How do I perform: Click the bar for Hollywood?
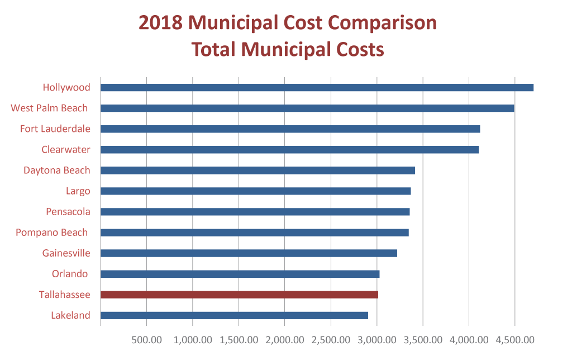[317, 88]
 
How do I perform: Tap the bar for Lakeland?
[234, 315]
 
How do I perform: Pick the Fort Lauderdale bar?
[290, 129]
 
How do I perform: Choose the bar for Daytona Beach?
[258, 170]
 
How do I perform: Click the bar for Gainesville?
[249, 253]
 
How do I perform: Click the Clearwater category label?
[66, 150]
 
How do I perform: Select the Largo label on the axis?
[78, 191]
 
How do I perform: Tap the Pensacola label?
[68, 212]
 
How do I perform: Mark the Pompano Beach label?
[53, 233]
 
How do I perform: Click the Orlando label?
[70, 274]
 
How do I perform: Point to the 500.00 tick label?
[146, 340]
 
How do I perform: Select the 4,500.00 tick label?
[514, 340]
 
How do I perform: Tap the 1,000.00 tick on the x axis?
[192, 340]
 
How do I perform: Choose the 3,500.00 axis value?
[422, 340]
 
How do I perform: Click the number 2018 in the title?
[160, 23]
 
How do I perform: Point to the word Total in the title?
[214, 49]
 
